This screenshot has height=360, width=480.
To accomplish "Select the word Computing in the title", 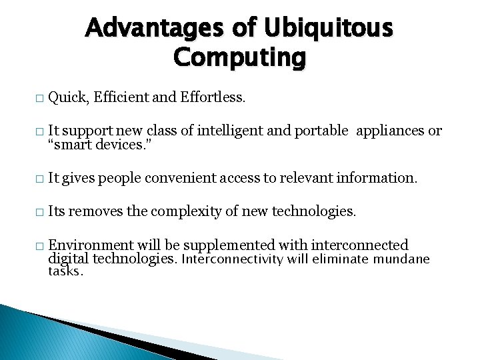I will [239, 58].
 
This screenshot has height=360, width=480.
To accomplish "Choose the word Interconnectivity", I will [233, 259].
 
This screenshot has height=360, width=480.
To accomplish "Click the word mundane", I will [401, 259].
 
